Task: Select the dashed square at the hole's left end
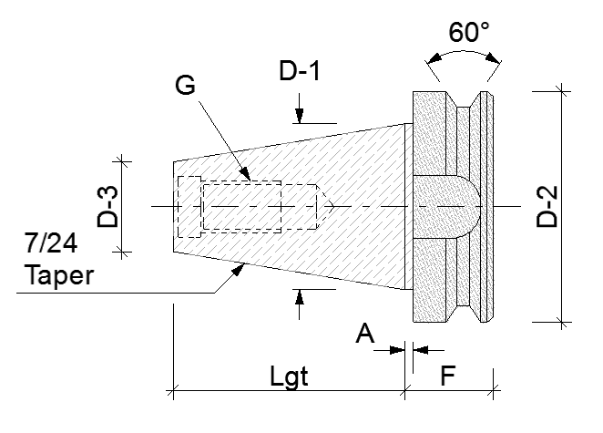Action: [189, 206]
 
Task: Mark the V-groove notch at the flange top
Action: [464, 103]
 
